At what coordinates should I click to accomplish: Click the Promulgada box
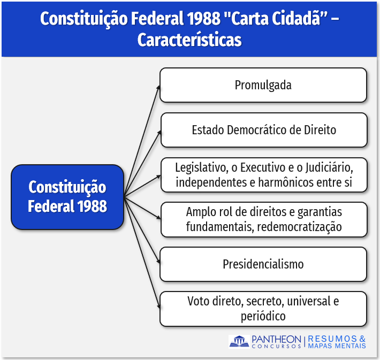point(263,85)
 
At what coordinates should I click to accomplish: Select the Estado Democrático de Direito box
point(264,130)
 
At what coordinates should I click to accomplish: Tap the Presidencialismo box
point(263,264)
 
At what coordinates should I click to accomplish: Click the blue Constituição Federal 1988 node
point(67,197)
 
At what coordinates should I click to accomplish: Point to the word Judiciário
point(329,167)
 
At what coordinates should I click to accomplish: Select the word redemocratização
point(299,227)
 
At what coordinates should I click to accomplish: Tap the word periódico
point(263,316)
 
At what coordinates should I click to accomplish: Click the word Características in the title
point(189,40)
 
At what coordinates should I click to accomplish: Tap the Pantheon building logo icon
point(239,341)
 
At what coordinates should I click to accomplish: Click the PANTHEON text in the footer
point(276,339)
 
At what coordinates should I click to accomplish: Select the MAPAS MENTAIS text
point(337,346)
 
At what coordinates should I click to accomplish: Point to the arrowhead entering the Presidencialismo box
point(158,261)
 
